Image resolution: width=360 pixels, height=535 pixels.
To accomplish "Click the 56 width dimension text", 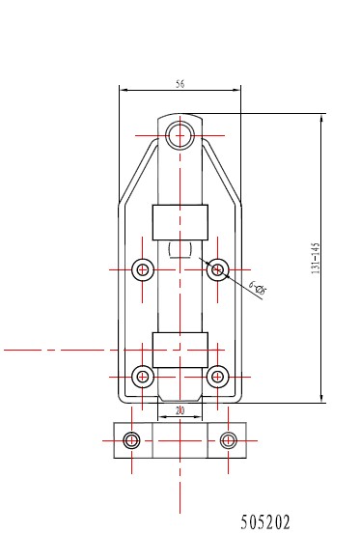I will (180, 84).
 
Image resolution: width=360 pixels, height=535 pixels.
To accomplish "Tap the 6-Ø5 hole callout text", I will (258, 286).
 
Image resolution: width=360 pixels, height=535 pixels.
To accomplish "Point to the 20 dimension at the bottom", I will (180, 411).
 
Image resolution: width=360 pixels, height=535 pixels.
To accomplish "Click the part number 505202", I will (264, 522).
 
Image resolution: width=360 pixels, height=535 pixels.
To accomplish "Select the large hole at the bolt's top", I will (180, 135).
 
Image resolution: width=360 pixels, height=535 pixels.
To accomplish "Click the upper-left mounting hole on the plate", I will (144, 268).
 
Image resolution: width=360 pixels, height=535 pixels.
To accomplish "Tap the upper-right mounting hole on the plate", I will (217, 268).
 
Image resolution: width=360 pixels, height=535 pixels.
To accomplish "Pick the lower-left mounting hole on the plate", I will (144, 376).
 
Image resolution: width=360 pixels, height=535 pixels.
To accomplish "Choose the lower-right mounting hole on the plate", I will (217, 376).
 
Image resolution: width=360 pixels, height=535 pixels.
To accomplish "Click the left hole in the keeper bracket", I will (132, 440).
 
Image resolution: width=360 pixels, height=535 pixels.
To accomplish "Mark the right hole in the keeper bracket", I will (228, 440).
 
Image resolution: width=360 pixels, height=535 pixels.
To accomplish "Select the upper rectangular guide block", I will (180, 222).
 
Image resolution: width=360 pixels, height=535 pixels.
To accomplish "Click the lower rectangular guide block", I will (180, 349).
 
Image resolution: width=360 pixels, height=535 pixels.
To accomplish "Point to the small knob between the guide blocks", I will (180, 252).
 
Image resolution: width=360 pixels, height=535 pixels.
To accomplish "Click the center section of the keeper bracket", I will (180, 440).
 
